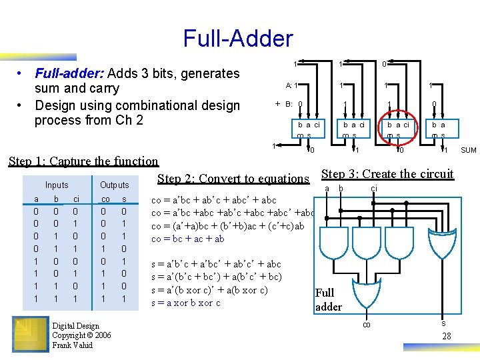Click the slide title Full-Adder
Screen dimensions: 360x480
click(x=237, y=38)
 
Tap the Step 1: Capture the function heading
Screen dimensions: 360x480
click(x=83, y=161)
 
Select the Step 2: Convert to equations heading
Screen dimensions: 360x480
click(x=233, y=178)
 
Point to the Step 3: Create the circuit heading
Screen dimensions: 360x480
click(x=387, y=175)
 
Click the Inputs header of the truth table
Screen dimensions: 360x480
click(x=57, y=185)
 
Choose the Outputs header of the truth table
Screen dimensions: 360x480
click(x=114, y=185)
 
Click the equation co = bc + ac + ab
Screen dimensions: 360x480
click(x=188, y=239)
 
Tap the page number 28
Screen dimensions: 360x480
click(x=447, y=337)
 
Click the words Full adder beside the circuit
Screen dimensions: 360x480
click(x=328, y=300)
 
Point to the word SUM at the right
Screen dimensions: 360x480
click(x=469, y=151)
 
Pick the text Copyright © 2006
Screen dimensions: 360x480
click(x=81, y=335)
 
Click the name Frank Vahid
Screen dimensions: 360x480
click(x=73, y=345)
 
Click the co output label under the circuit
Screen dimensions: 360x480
click(x=366, y=325)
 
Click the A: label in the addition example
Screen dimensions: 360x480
click(x=289, y=85)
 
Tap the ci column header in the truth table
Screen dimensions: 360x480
click(x=77, y=199)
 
